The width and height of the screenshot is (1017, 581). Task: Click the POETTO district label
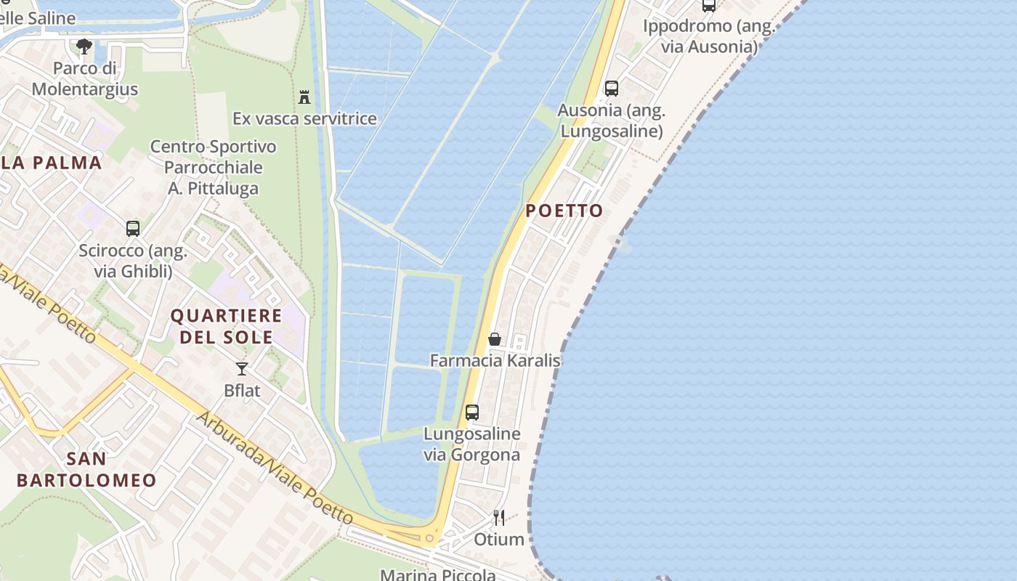point(564,211)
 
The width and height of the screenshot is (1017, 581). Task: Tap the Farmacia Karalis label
point(495,360)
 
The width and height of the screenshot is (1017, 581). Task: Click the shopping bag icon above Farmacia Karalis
point(495,339)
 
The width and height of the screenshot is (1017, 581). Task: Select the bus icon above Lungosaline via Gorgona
point(472,413)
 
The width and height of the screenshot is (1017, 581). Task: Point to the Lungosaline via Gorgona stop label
point(472,444)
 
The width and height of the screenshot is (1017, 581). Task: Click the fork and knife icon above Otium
point(499,518)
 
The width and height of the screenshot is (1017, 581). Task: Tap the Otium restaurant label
point(499,540)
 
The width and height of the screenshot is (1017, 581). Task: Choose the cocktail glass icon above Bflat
point(242,369)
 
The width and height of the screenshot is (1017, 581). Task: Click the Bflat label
point(242,391)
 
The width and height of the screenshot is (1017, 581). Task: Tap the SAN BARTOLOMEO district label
point(86,469)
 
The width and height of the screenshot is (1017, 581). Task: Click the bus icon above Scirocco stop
point(133,229)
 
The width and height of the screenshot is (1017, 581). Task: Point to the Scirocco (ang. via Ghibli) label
point(133,261)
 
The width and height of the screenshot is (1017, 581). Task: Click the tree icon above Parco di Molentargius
point(84,47)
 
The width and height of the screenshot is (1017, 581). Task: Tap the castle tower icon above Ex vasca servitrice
point(304,97)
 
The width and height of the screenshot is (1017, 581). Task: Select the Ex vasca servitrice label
point(304,118)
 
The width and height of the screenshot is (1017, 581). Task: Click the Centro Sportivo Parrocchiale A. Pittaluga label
point(214,168)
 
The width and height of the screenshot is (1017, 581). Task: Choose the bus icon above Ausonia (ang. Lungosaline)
point(612,89)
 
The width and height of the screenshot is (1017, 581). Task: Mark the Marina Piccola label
point(438,574)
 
